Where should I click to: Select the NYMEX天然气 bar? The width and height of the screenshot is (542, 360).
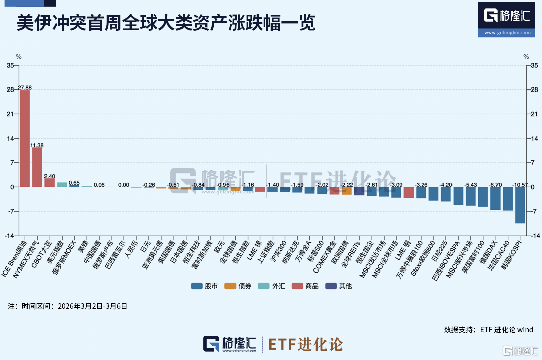[x=37, y=167]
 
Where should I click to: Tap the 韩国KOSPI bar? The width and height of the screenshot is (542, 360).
[x=520, y=205]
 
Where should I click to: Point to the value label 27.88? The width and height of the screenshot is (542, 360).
[x=25, y=87]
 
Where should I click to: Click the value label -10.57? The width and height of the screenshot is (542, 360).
[x=520, y=185]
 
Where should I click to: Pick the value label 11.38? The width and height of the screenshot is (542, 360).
[x=37, y=145]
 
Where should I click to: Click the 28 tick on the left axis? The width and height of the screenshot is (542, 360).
[x=10, y=89]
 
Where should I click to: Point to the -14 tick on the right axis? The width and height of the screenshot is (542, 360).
[x=533, y=235]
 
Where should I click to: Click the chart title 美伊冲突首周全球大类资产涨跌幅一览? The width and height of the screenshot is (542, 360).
[x=166, y=23]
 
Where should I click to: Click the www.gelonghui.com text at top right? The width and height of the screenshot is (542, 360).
[x=507, y=33]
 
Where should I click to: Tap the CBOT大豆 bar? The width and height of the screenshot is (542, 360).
[x=50, y=183]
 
